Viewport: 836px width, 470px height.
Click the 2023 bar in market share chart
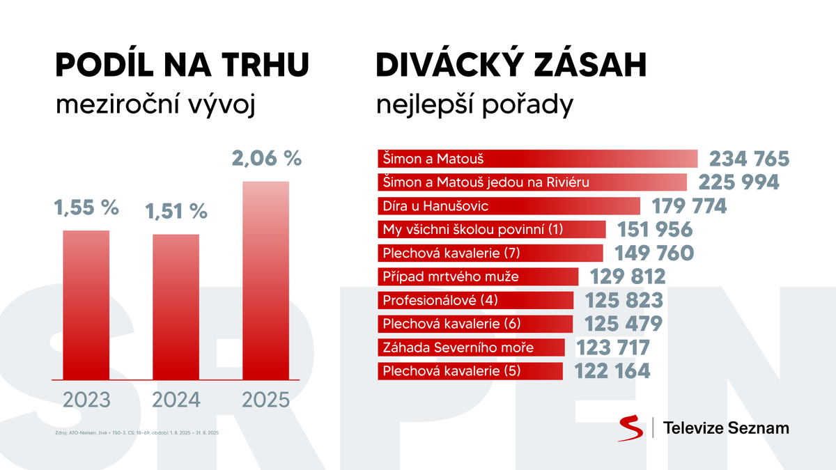86,304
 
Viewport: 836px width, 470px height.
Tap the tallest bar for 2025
265,280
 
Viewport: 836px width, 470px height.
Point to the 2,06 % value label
265,159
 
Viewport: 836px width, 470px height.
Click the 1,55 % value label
86,207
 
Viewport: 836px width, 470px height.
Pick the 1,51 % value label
176,210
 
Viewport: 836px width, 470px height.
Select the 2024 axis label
176,400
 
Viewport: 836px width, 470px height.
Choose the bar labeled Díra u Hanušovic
509,206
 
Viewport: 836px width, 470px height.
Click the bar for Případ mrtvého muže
478,276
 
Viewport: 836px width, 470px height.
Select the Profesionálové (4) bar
475,300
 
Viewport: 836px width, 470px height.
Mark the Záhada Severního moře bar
471,347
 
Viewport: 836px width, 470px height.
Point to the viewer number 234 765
748,159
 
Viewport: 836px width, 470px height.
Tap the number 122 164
613,371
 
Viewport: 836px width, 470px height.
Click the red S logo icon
630,428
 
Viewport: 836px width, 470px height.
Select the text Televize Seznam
727,428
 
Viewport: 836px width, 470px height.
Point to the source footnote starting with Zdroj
137,433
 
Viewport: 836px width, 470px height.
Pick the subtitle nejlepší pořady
474,105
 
